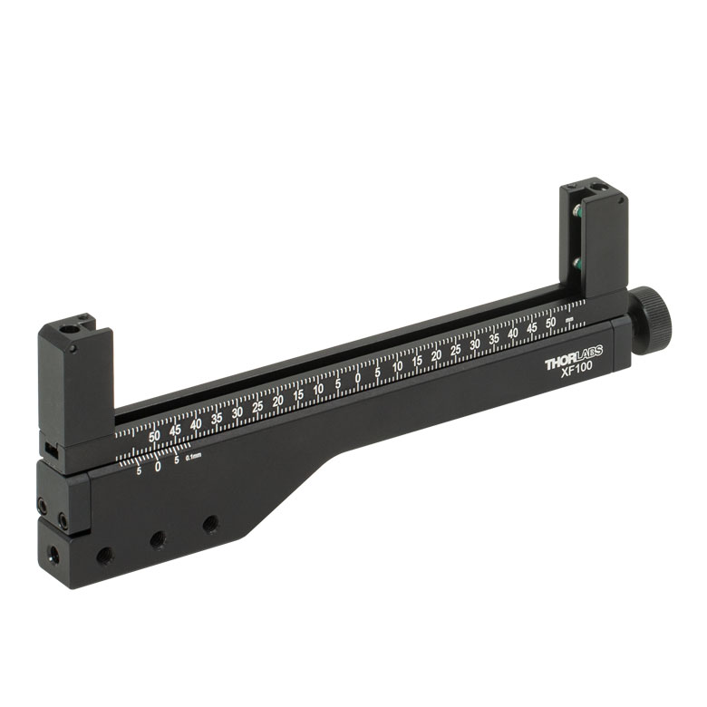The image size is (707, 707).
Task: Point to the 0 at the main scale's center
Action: [357, 378]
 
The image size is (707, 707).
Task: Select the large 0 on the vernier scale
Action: [158, 467]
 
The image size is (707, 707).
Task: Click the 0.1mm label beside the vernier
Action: [193, 457]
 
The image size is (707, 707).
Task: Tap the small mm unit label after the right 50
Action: [569, 320]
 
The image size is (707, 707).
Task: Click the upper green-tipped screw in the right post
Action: [577, 209]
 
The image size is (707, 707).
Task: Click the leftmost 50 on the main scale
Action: [155, 436]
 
